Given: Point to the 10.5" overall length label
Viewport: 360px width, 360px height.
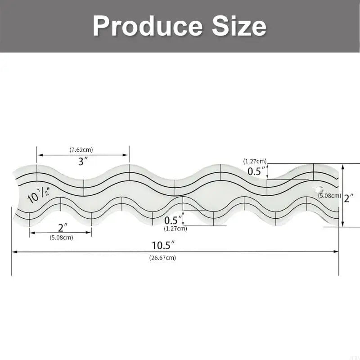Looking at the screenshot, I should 163,245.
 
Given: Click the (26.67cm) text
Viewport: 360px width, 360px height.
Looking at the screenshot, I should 162,258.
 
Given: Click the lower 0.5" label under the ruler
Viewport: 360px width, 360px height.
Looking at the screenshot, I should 173,220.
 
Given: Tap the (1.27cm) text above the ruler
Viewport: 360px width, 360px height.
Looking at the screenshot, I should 255,161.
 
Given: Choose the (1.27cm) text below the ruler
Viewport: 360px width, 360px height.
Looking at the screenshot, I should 175,229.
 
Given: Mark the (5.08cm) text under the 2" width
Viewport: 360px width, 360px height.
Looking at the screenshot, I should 62,237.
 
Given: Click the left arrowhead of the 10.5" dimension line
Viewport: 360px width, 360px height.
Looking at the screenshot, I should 14,252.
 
